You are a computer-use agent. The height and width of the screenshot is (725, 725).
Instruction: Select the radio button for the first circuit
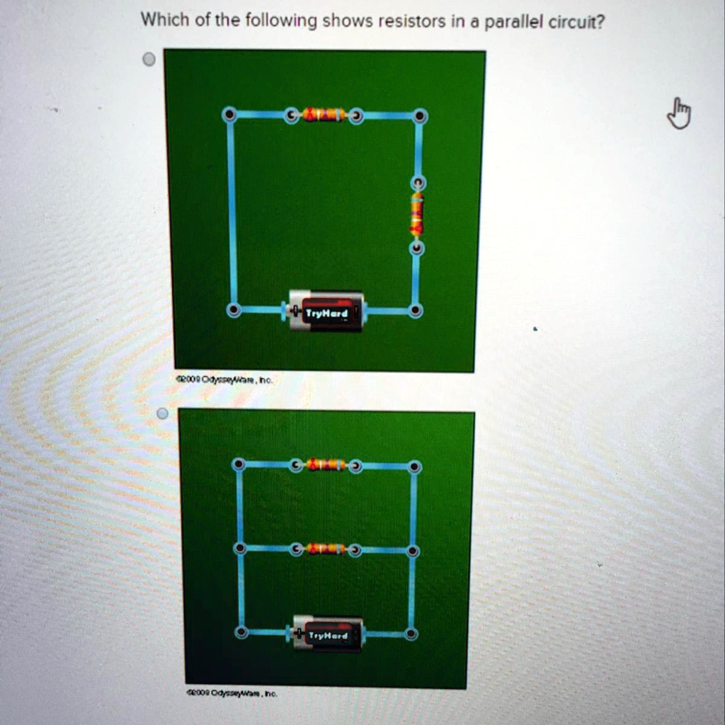pyautogui.click(x=149, y=60)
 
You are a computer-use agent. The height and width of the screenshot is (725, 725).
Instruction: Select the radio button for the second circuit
pyautogui.click(x=163, y=413)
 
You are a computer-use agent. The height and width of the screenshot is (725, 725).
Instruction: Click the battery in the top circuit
pyautogui.click(x=326, y=310)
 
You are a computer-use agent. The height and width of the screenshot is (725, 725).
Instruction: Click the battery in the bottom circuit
pyautogui.click(x=328, y=634)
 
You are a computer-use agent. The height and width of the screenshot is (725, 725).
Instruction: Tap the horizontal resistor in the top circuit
pyautogui.click(x=324, y=115)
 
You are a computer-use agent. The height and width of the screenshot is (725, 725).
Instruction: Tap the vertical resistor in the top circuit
pyautogui.click(x=418, y=215)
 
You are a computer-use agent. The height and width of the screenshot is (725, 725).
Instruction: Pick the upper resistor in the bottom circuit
pyautogui.click(x=326, y=465)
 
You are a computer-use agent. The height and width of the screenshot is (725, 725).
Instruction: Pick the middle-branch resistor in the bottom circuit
pyautogui.click(x=326, y=549)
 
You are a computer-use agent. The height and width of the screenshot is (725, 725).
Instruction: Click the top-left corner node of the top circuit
pyautogui.click(x=229, y=115)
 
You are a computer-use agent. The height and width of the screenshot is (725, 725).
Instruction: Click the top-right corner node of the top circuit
pyautogui.click(x=420, y=115)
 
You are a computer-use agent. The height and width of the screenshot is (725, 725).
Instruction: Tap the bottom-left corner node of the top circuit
pyautogui.click(x=233, y=310)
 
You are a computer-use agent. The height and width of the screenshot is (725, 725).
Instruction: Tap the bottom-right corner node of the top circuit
pyautogui.click(x=416, y=310)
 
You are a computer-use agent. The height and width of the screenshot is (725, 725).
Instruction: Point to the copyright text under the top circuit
pyautogui.click(x=224, y=380)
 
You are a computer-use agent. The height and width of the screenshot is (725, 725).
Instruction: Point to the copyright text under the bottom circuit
pyautogui.click(x=232, y=695)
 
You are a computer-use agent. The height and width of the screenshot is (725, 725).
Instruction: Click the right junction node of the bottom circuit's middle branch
pyautogui.click(x=413, y=551)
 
